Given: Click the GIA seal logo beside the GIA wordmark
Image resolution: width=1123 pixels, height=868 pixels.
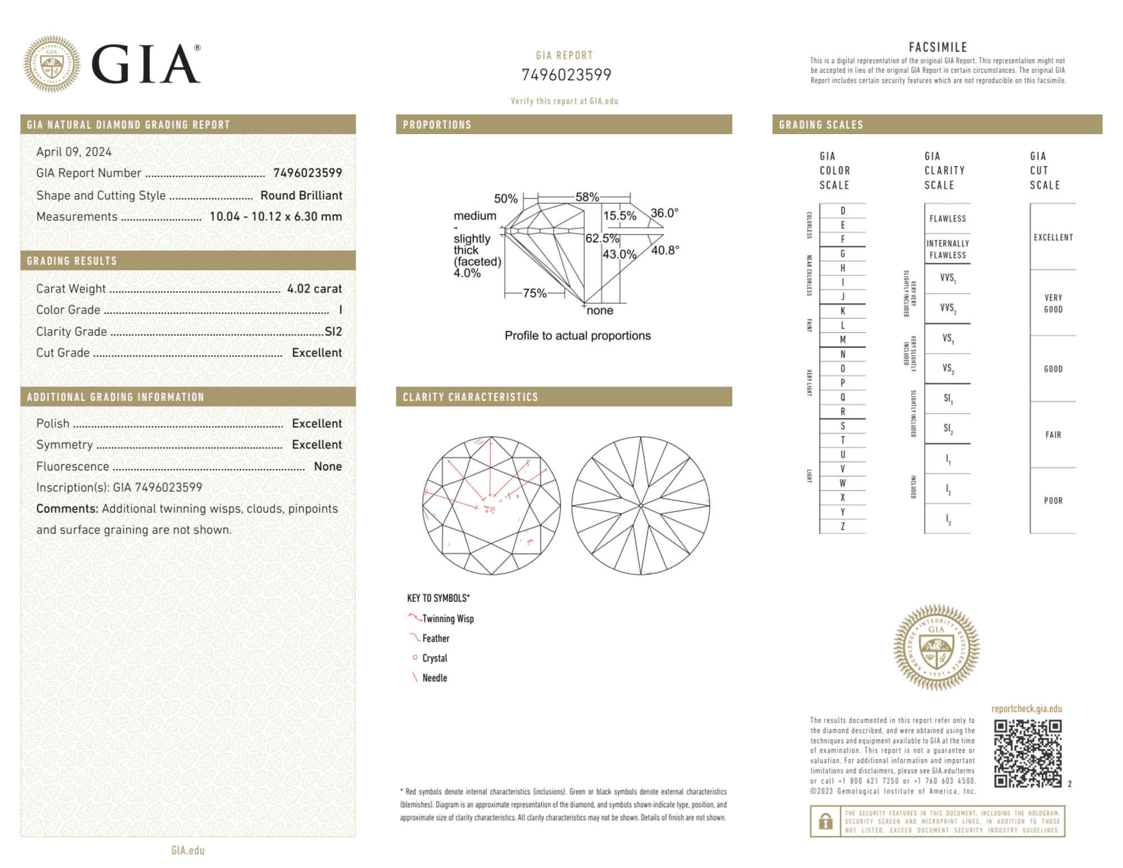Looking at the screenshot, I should (x=52, y=64).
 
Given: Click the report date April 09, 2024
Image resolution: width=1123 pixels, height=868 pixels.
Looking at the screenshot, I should (x=74, y=152).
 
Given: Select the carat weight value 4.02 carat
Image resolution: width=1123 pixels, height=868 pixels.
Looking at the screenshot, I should (x=314, y=289).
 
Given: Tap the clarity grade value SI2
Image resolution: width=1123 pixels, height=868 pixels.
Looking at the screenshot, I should (x=333, y=331).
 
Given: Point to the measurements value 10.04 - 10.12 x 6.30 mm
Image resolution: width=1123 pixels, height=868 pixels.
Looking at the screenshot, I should (x=276, y=217).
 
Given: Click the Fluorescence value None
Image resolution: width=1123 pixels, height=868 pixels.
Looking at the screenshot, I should (x=328, y=466).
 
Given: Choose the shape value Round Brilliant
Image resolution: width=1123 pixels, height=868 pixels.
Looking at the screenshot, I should (x=301, y=195).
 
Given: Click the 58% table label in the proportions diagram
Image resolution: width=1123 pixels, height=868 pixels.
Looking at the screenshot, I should (x=587, y=197).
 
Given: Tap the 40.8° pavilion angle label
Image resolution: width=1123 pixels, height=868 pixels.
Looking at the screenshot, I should (x=665, y=250).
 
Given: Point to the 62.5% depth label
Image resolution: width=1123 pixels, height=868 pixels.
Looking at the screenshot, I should (x=602, y=238).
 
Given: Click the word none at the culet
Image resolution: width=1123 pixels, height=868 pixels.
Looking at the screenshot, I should (x=600, y=310).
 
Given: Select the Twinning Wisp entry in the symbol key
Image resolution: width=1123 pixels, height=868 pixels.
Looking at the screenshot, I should (x=448, y=619).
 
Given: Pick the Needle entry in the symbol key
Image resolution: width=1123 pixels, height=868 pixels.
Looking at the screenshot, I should (x=434, y=678).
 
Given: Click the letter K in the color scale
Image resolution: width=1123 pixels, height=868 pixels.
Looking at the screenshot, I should (x=842, y=311).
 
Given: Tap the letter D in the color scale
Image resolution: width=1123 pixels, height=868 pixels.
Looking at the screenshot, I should (x=842, y=211).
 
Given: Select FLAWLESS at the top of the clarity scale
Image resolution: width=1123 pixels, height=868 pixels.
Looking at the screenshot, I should (x=947, y=218).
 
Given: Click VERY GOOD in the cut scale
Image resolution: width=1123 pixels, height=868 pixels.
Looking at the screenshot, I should (x=1053, y=303).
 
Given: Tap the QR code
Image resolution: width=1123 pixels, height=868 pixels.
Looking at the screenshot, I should (x=1028, y=753).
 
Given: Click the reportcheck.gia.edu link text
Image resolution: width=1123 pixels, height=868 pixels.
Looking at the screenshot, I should (x=1026, y=709).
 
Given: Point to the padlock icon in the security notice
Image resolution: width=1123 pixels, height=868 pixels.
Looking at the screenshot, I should (x=825, y=821).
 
